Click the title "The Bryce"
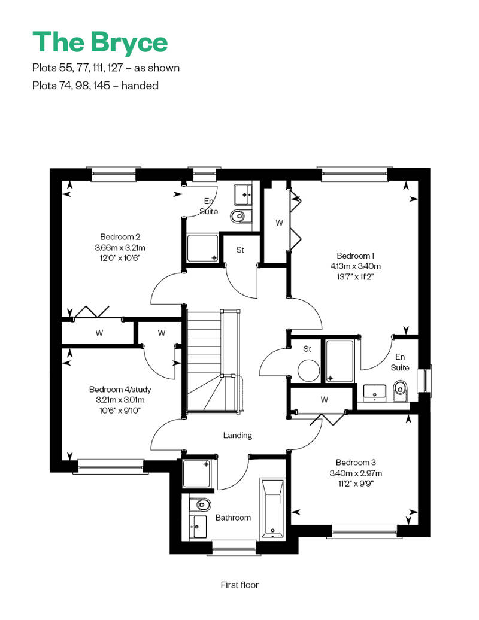(100, 42)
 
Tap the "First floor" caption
(239, 585)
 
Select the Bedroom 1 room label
(355, 256)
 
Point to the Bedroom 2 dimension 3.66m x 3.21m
(120, 248)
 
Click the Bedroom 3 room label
(356, 462)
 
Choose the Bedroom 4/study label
(120, 390)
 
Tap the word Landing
(237, 435)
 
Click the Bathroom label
(233, 518)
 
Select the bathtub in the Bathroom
(272, 509)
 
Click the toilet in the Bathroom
(200, 504)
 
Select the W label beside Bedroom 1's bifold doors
(279, 223)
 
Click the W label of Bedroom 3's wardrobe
(325, 399)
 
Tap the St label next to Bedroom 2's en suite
(240, 250)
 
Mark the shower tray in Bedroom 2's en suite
(202, 248)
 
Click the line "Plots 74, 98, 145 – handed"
(95, 86)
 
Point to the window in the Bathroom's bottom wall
(234, 548)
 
